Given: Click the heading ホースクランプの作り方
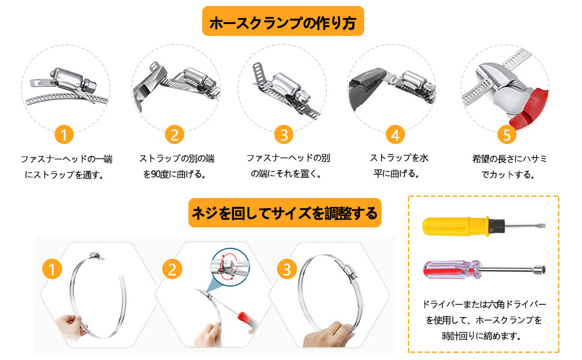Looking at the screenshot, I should (x=283, y=23).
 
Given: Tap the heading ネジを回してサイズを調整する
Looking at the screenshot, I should (x=284, y=213).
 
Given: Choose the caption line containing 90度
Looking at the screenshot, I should (x=175, y=175).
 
